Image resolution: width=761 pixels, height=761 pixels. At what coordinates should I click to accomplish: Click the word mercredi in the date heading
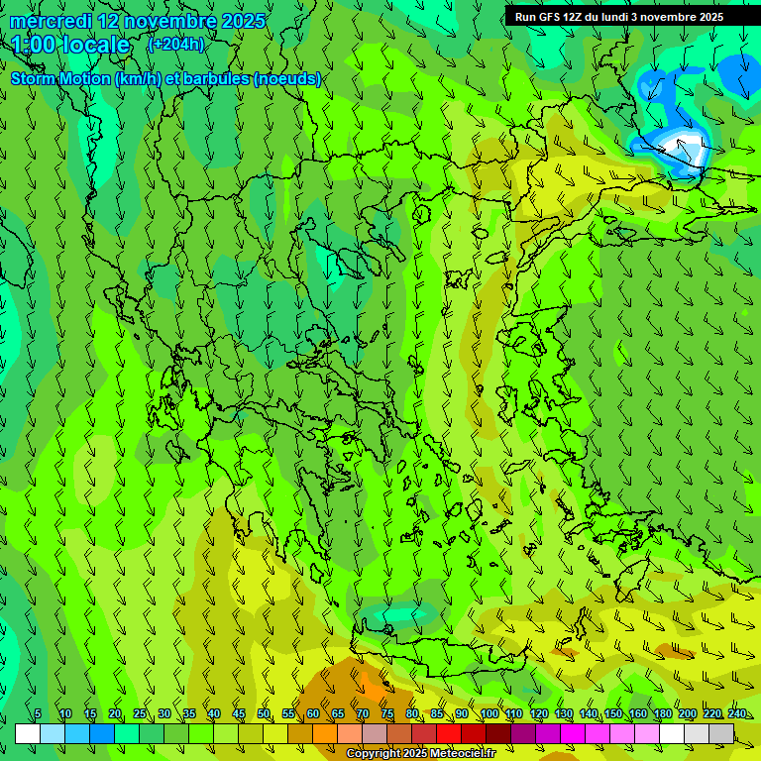51,21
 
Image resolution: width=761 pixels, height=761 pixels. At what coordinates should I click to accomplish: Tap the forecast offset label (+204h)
175,44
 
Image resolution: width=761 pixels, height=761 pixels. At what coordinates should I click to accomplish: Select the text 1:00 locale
70,45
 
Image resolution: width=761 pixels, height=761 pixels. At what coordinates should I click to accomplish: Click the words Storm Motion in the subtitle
59,79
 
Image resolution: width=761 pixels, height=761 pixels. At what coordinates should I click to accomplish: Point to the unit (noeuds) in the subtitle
287,79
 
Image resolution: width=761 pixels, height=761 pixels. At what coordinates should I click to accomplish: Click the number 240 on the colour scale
736,714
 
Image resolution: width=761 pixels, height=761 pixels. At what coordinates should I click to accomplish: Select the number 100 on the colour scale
489,714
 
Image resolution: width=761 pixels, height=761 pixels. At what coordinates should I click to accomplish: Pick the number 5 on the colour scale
38,714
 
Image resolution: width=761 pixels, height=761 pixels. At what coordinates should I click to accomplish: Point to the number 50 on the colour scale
264,714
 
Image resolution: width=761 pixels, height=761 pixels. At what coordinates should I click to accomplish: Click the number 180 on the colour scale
661,714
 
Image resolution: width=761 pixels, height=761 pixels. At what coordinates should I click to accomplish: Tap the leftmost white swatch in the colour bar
28,733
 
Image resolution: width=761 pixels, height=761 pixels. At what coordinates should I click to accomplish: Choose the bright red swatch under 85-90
449,733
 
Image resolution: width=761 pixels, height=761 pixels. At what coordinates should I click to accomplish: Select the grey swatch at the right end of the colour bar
721,733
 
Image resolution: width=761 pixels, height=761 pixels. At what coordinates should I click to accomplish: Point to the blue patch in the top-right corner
740,74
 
